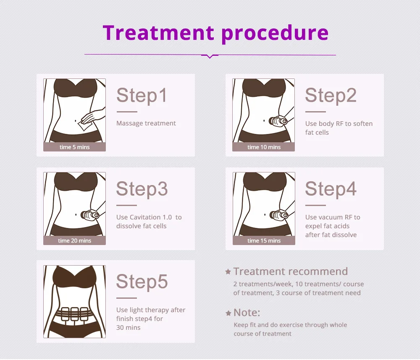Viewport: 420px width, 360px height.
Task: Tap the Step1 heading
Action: tap(142, 95)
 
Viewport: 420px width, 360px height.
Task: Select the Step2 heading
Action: tap(331, 95)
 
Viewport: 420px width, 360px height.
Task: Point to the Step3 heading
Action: tap(142, 189)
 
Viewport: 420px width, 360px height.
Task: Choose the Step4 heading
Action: tap(331, 189)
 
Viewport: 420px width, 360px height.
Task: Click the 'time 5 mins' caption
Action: tap(75, 147)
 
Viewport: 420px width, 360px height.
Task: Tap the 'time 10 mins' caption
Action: tap(264, 147)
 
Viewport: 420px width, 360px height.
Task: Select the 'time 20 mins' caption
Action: tap(75, 241)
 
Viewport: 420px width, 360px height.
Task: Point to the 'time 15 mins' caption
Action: tap(264, 241)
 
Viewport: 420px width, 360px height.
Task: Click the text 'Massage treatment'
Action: tap(146, 123)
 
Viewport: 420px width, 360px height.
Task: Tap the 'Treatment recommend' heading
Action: tap(290, 271)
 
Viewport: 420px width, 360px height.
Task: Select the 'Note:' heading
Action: tap(247, 313)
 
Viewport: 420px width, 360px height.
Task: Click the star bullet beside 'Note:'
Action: tap(228, 313)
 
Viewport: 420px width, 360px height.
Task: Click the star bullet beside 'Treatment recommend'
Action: tap(228, 272)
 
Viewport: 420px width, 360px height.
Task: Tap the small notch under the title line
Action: tap(210, 56)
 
